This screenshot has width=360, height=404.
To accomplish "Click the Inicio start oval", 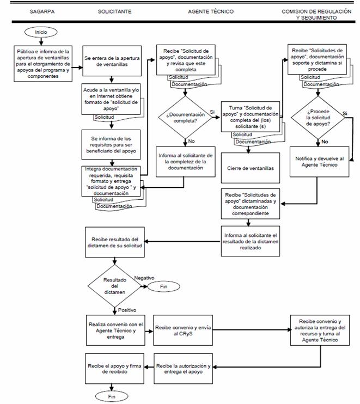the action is [x=41, y=32].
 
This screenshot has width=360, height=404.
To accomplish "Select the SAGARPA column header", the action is [x=42, y=11].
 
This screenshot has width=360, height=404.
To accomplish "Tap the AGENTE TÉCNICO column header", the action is [x=211, y=11].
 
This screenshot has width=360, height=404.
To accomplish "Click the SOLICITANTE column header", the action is [x=114, y=11].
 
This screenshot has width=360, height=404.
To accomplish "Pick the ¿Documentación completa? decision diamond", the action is [x=185, y=118].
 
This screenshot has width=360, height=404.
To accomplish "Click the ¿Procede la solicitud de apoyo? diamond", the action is [x=318, y=118].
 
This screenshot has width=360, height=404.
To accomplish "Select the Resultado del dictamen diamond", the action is [x=115, y=286].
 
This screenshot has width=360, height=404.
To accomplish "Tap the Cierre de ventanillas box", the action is [x=250, y=168].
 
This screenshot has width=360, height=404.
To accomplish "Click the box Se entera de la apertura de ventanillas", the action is [x=112, y=61].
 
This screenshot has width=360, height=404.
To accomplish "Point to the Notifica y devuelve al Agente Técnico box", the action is [x=319, y=162].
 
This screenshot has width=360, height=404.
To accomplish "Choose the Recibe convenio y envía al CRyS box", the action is [x=183, y=330].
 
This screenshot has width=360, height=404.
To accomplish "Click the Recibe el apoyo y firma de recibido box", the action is [x=114, y=369].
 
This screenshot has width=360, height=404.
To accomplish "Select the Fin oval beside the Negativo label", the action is [x=163, y=286].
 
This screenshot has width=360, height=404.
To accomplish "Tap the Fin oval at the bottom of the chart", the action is [x=112, y=397].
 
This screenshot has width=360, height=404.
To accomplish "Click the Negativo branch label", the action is [x=144, y=278].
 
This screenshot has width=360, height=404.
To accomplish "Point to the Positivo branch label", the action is [x=127, y=310].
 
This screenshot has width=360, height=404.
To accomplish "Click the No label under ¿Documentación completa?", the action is [x=191, y=141].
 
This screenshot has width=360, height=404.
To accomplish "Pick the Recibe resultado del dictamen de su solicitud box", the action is [x=115, y=242].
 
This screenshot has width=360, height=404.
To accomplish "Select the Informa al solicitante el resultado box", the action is [x=250, y=241].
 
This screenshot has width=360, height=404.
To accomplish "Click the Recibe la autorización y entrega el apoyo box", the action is [x=183, y=369].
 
